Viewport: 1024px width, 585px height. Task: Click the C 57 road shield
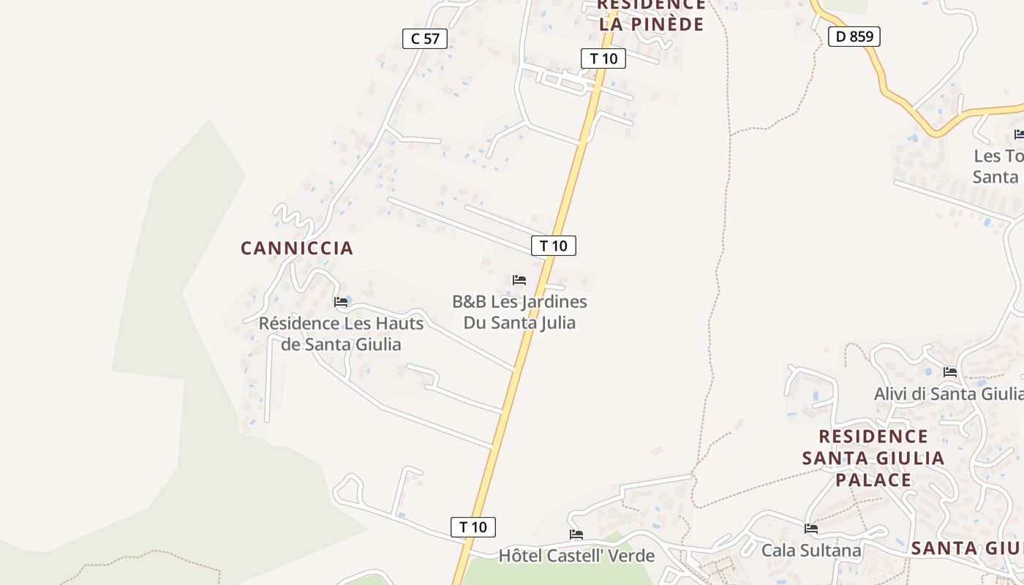coord(425,39)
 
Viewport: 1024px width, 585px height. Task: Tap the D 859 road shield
coord(854,36)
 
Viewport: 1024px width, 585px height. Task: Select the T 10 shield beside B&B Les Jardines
coord(554,246)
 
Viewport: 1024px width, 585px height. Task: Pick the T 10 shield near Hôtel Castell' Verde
coord(473,526)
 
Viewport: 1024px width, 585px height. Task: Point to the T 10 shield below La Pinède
coord(603,58)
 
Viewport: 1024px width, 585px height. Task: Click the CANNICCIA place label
coord(297,249)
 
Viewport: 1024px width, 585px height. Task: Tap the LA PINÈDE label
coord(651,24)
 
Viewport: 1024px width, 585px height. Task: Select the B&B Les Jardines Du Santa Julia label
coord(519,312)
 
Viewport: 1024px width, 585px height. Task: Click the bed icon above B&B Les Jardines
coord(519,280)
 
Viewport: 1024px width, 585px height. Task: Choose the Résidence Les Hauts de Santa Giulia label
coord(342,333)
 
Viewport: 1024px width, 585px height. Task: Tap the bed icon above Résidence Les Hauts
coord(341,301)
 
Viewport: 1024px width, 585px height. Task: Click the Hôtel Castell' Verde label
coord(576,556)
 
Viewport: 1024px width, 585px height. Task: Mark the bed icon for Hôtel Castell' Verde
coord(576,535)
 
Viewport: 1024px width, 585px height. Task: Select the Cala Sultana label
coord(811,550)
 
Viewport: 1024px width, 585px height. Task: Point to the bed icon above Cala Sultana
coord(811,529)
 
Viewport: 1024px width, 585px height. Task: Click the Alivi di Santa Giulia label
coord(949,394)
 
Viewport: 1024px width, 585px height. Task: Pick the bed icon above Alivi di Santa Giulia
coord(950,372)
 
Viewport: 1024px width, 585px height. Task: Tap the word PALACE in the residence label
coord(873,480)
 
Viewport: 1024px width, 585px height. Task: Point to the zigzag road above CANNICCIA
coord(293,217)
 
